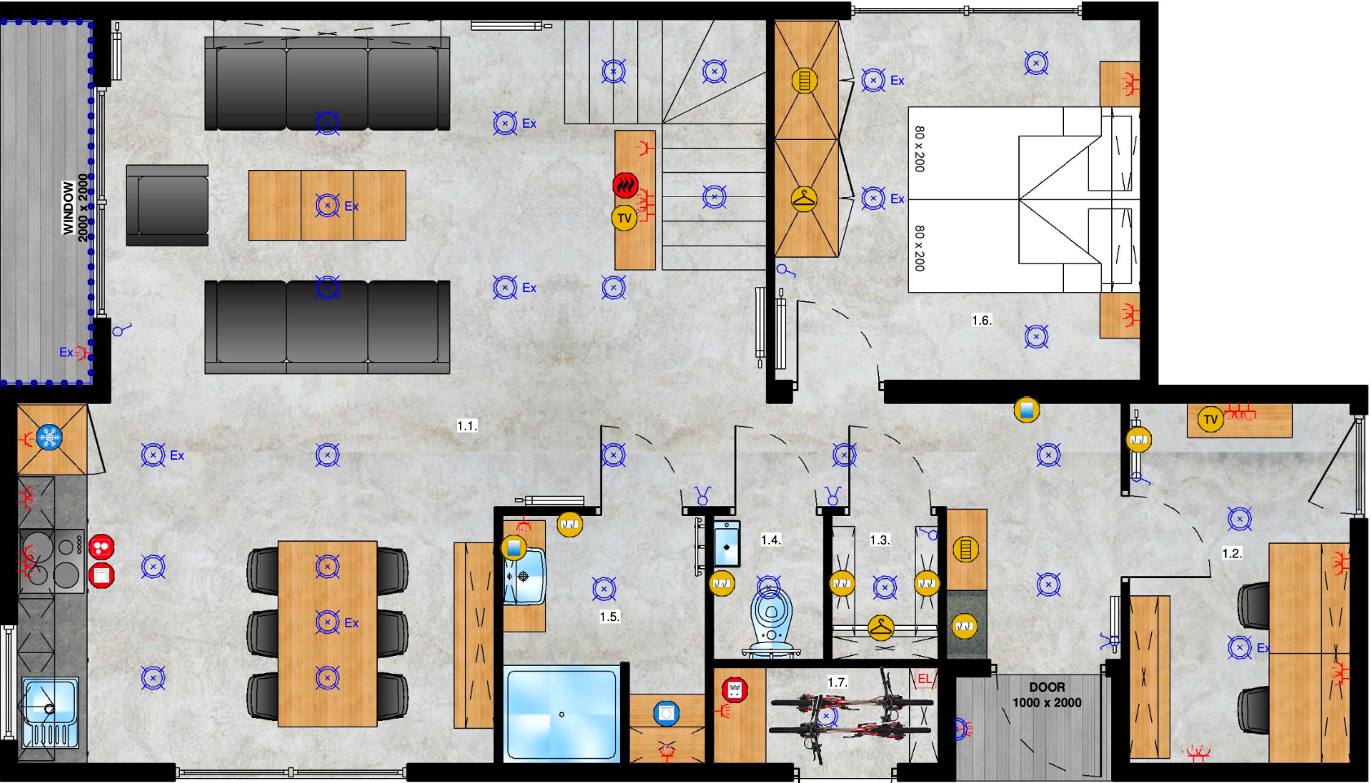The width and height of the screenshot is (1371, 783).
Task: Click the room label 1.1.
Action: point(467,426)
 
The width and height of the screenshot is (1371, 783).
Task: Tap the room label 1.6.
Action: point(982,320)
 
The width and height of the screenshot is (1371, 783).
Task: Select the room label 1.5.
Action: point(609,617)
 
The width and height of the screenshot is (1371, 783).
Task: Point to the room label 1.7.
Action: point(838,682)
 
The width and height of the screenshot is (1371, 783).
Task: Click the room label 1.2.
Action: point(1232,553)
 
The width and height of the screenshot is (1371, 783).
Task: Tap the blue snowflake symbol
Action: point(49,437)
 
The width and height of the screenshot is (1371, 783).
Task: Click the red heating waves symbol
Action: point(626,186)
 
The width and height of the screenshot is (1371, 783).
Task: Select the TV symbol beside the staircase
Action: point(625,218)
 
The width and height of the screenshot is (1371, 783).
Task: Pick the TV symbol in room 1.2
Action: point(1210,420)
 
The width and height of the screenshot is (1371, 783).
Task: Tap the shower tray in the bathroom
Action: point(561,714)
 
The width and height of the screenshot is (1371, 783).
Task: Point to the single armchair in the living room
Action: point(167,206)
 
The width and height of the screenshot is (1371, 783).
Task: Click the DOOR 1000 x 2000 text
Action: point(1047,694)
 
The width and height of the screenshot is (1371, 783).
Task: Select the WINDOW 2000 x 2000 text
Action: point(75,208)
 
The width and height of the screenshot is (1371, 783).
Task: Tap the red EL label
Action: point(925,679)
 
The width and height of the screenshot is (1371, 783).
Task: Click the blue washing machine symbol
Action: point(666,713)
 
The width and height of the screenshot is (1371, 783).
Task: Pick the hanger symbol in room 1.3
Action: point(881,628)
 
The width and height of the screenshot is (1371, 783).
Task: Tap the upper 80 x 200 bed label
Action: point(920,148)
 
